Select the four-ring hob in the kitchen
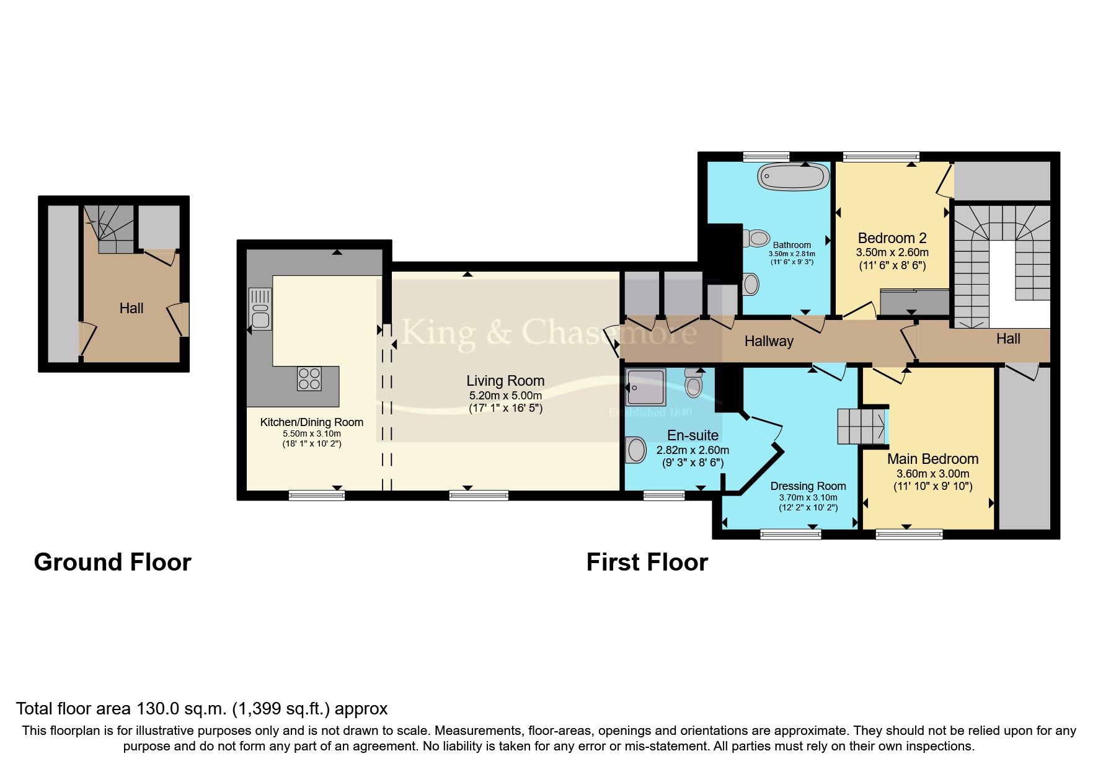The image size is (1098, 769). (x=309, y=378)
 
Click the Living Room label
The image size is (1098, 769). (x=505, y=381)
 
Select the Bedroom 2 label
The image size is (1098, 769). (x=892, y=238)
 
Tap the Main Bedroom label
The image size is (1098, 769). (x=932, y=459)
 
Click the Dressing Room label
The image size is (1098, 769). (x=808, y=486)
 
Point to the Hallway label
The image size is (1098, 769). (x=769, y=341)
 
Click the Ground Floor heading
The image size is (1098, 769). (x=112, y=562)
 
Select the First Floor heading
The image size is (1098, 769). (x=647, y=562)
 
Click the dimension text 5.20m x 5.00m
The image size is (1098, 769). (x=505, y=396)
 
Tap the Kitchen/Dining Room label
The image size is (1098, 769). (x=311, y=422)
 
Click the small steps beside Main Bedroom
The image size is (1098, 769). (x=861, y=426)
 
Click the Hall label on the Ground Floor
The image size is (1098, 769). (x=131, y=308)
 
